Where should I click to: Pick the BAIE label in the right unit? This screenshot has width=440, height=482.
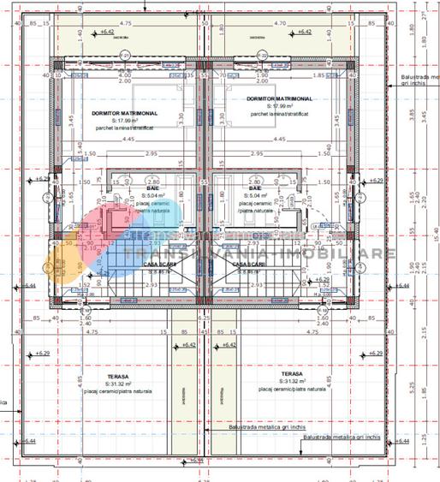[x=255, y=187]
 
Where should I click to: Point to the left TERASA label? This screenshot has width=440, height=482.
[x=119, y=374]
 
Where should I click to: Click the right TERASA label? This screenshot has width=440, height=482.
[x=291, y=373]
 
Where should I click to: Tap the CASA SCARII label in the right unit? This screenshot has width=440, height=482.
[x=255, y=265]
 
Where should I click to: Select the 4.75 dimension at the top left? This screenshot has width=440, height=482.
[x=126, y=25]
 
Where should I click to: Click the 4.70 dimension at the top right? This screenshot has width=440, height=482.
[x=278, y=25]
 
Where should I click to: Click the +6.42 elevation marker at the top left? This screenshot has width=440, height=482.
[x=106, y=32]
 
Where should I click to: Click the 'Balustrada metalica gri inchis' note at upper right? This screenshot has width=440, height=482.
[x=419, y=80]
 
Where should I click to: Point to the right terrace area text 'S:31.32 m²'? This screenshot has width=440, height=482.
[x=291, y=382]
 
